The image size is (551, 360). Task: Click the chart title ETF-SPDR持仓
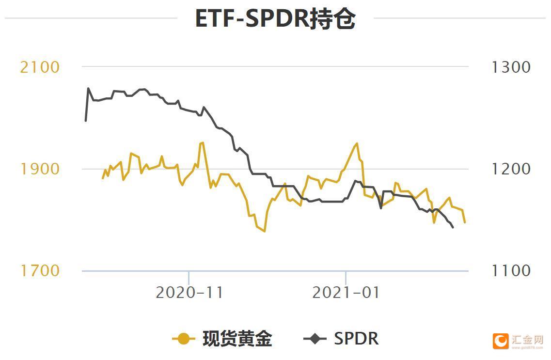tap(275, 19)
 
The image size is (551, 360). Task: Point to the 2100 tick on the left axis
tap(40, 67)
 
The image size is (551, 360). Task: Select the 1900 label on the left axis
tap(40, 169)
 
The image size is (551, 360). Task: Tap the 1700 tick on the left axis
tap(40, 270)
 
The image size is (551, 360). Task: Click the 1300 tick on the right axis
tap(511, 67)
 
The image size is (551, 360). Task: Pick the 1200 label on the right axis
tap(511, 169)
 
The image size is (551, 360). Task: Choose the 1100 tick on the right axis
tap(511, 270)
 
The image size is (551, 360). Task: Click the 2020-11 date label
tap(189, 293)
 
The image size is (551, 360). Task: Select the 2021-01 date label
tap(346, 293)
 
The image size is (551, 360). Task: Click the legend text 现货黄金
tap(237, 338)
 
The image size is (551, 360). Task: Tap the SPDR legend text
tap(356, 338)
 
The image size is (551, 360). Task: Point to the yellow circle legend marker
tap(184, 338)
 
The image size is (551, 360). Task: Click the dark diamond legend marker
tap(315, 338)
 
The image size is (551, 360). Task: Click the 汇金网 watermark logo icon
tap(501, 341)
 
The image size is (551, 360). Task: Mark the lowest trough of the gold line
tap(265, 232)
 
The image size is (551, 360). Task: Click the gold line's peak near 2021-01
tap(357, 143)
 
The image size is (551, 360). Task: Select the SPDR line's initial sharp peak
tap(88, 88)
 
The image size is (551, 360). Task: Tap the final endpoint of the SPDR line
tap(453, 227)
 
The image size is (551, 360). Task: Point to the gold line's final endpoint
tap(465, 222)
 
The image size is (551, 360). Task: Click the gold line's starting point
tap(103, 178)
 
